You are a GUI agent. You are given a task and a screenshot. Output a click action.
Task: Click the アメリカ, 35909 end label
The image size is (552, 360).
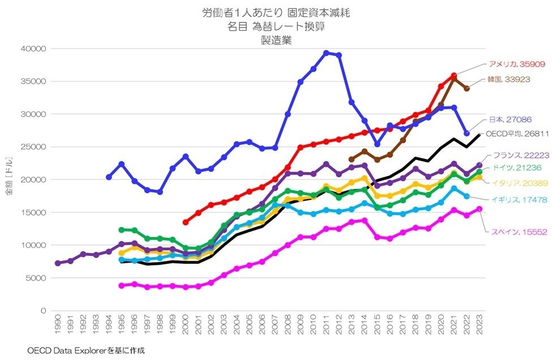coord(516,63)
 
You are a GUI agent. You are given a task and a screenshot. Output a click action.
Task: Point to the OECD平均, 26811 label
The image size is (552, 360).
coord(516,134)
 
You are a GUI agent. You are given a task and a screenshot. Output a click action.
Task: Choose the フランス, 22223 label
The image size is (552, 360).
coord(518,155)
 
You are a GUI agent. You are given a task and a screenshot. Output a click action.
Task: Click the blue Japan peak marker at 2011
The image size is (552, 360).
coord(327,53)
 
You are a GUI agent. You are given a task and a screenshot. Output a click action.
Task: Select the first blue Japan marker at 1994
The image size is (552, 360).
coord(109,177)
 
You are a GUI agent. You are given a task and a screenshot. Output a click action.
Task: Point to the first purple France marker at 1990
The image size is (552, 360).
coord(58,263)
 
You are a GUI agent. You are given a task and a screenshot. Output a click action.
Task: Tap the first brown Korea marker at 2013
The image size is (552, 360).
coord(352,159)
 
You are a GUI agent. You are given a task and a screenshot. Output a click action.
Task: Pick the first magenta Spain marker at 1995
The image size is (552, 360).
coord(121,286)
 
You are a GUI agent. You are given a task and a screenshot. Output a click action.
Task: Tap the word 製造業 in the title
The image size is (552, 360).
coord(275,40)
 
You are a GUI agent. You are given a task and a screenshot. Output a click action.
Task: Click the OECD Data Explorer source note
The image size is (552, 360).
coord(85,350)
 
